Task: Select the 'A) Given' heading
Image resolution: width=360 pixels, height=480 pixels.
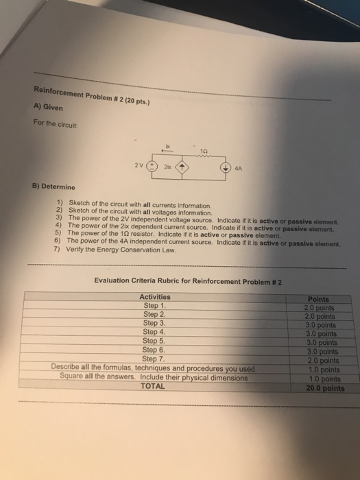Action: (46, 108)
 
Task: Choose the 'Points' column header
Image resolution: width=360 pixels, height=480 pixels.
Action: (319, 299)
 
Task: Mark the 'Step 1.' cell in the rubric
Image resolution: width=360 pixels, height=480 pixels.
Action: (155, 305)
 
